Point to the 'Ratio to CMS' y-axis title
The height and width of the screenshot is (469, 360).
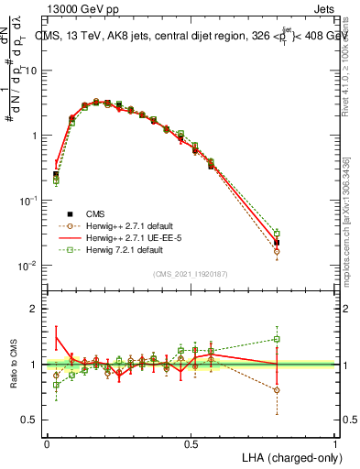tap(11, 365)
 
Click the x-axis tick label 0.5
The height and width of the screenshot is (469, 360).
tap(191, 442)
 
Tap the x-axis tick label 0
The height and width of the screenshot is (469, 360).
tap(47, 442)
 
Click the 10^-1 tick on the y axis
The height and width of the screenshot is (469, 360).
tap(29, 201)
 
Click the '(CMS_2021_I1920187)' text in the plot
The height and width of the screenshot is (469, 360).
tap(191, 273)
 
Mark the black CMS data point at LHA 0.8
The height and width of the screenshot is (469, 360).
tap(277, 243)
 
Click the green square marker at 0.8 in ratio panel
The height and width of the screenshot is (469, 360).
tap(277, 339)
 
